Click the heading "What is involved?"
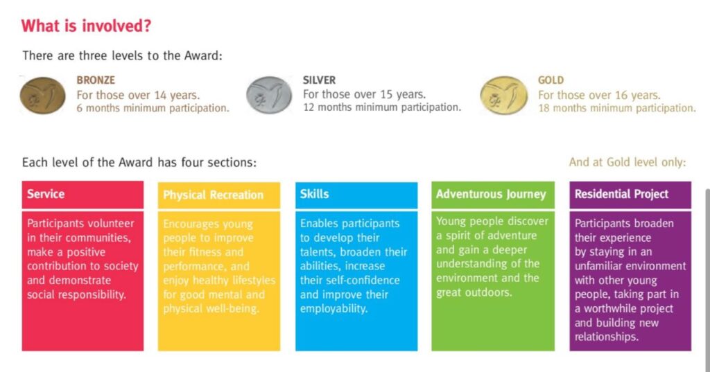(x=86, y=26)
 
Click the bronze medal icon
(x=42, y=95)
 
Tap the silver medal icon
(x=269, y=95)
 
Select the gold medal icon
(x=504, y=95)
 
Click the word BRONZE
(x=96, y=80)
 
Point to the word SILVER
(x=319, y=80)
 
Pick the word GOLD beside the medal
(x=551, y=80)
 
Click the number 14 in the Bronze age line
(x=160, y=95)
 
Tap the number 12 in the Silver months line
(x=309, y=107)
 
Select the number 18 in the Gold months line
(x=544, y=108)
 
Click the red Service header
(x=83, y=195)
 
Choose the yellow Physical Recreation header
(x=219, y=195)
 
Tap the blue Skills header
(x=356, y=195)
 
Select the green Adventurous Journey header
(x=493, y=195)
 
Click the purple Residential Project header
(x=630, y=195)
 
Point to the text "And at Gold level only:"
(x=627, y=162)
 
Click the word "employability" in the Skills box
(x=334, y=309)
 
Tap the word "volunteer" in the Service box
(x=110, y=223)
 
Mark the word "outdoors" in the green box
(x=492, y=292)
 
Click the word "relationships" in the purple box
(x=606, y=337)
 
